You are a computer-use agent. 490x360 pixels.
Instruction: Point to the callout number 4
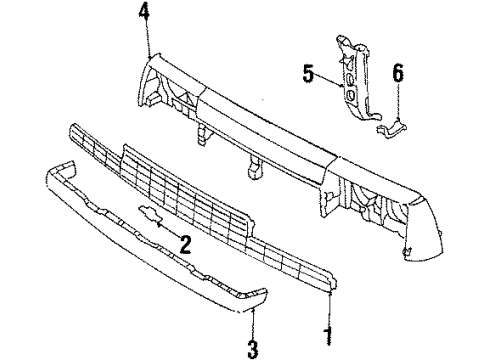[147, 14]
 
